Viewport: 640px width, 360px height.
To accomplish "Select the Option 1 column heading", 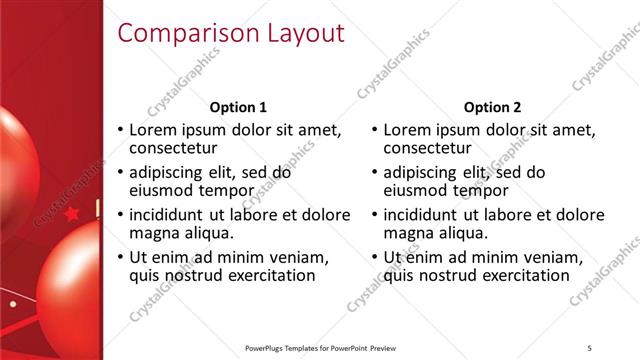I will point(238,107).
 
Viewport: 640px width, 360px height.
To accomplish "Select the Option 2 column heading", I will point(493,107).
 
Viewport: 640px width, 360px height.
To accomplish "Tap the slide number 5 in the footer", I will point(590,347).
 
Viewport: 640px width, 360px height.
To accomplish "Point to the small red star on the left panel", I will point(71,213).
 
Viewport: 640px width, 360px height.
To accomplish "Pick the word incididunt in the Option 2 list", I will point(422,214).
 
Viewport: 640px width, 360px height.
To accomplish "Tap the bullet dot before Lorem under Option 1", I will point(121,130).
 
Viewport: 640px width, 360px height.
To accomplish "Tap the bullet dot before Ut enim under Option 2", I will point(376,257).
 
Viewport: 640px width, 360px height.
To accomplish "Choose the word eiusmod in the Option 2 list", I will point(418,190).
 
